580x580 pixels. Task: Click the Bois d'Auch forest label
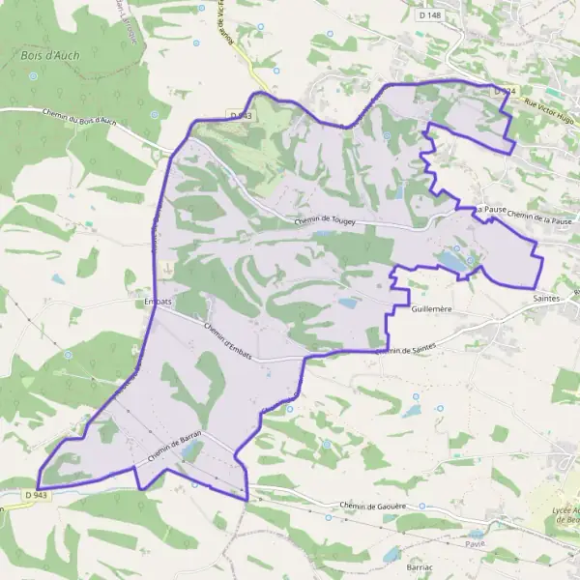click(43, 56)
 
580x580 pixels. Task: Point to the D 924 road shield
click(503, 91)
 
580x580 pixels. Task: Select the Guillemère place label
click(432, 310)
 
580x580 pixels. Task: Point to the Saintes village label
click(547, 300)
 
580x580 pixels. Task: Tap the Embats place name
click(156, 301)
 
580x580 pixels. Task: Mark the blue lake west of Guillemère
click(346, 303)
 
